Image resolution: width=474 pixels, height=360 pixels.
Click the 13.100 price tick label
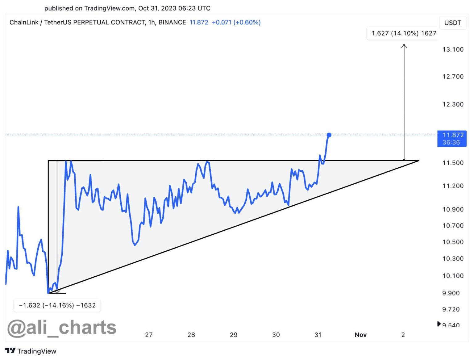tap(453, 49)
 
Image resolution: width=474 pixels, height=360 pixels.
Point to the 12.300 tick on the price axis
tap(453, 104)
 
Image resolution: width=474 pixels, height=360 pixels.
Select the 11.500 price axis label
tap(453, 163)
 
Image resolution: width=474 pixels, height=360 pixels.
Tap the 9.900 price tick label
tap(451, 293)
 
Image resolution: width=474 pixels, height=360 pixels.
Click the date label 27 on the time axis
tap(149, 335)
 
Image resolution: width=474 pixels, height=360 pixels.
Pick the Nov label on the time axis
tap(360, 335)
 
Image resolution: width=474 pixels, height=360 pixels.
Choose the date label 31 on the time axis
tap(318, 335)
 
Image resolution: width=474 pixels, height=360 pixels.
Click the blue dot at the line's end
tap(329, 135)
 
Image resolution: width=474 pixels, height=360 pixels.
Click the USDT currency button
tap(452, 23)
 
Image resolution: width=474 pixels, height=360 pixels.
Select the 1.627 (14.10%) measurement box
tap(404, 33)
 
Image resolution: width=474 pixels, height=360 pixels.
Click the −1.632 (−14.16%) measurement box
tap(57, 305)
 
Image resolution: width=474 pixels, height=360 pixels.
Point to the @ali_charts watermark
tap(62, 327)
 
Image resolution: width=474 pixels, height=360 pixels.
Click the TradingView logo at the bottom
tap(31, 351)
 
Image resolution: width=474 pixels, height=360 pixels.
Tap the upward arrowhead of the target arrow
tap(404, 46)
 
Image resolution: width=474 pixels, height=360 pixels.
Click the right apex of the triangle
tap(418, 161)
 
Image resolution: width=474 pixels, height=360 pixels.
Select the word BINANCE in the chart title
tap(172, 23)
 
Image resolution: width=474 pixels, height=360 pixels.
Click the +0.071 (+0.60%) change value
tap(236, 23)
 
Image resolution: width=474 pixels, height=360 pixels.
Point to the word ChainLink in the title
tap(24, 23)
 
